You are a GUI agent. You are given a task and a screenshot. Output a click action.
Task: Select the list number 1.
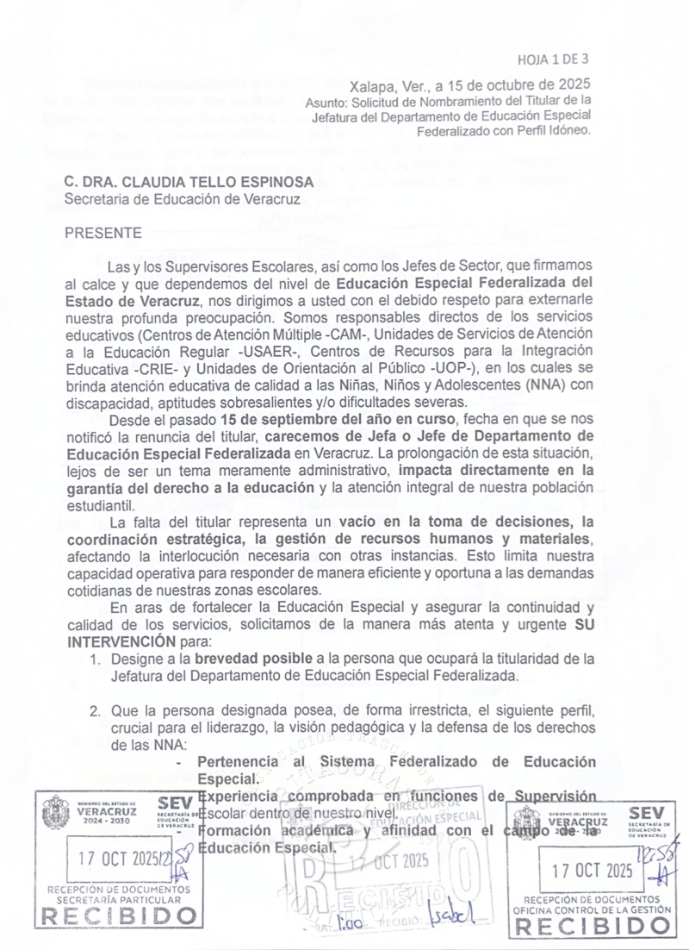click(x=96, y=659)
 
